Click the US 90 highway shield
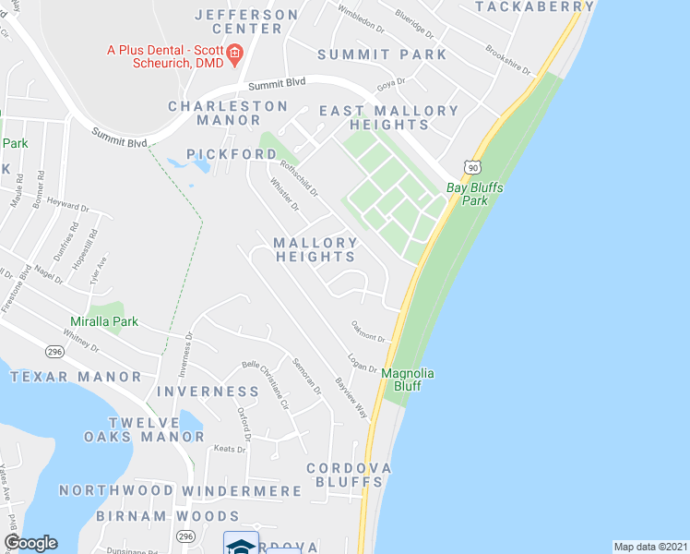tap(472, 166)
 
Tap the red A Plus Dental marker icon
tap(234, 54)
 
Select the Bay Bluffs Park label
tap(467, 193)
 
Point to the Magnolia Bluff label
tap(408, 379)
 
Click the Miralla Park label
tap(104, 321)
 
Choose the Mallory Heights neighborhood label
tap(315, 249)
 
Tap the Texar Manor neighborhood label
tap(77, 377)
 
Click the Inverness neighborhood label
tap(208, 391)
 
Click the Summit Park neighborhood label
tap(382, 54)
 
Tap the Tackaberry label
tap(535, 6)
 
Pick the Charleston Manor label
tap(228, 113)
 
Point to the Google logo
tap(30, 543)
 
